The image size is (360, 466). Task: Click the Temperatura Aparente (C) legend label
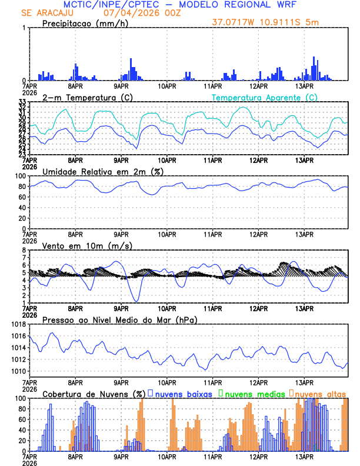(x=264, y=97)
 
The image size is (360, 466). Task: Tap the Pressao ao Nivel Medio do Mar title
(x=119, y=319)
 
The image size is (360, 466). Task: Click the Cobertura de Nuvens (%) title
(x=94, y=394)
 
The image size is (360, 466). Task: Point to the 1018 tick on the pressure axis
(x=16, y=324)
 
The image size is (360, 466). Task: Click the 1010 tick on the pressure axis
(x=16, y=371)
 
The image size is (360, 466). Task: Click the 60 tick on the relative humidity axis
(x=19, y=197)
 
